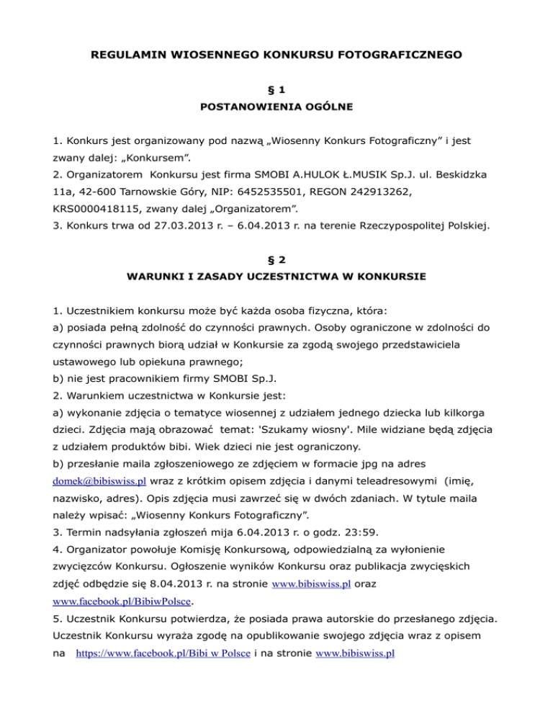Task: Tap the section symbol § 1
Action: coord(276,94)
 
